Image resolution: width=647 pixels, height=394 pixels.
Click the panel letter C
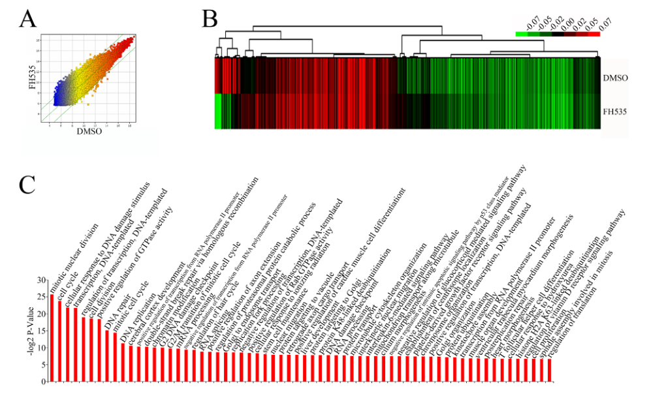[x=27, y=184]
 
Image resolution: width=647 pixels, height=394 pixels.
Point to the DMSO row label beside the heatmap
[x=616, y=77]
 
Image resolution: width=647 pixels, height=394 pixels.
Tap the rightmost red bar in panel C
[x=550, y=370]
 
